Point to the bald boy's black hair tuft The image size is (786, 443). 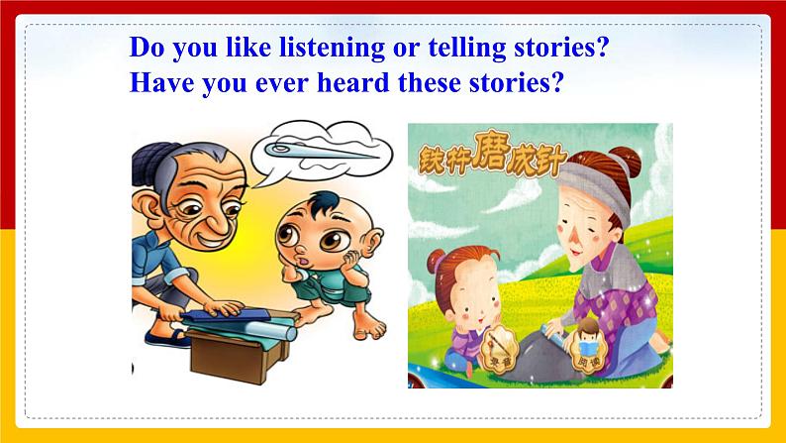pos(326,203)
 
